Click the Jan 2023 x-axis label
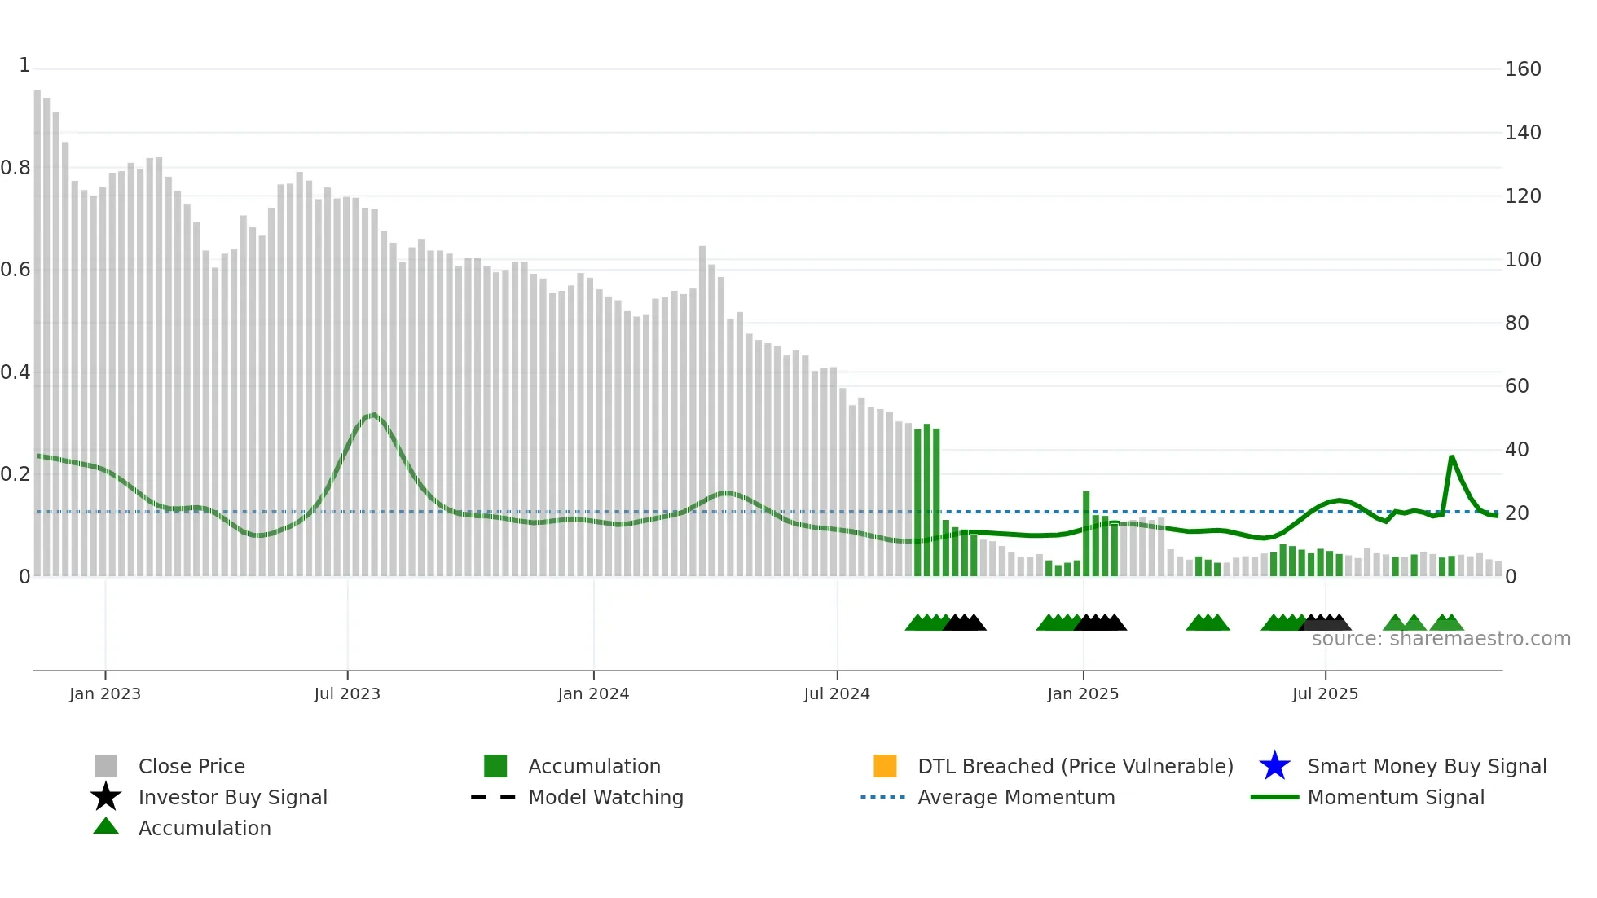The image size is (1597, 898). pyautogui.click(x=105, y=693)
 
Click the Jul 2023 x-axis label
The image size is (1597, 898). pyautogui.click(x=347, y=693)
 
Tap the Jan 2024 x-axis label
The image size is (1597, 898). pyautogui.click(x=593, y=693)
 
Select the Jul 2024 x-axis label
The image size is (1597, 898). pyautogui.click(x=837, y=693)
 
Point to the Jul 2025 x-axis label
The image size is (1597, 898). pyautogui.click(x=1325, y=693)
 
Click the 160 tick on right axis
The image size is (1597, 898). pyautogui.click(x=1523, y=69)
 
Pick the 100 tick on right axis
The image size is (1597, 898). pyautogui.click(x=1523, y=260)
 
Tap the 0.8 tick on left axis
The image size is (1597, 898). pyautogui.click(x=15, y=168)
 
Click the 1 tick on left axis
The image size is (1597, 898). pyautogui.click(x=24, y=65)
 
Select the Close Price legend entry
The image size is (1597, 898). pyautogui.click(x=191, y=766)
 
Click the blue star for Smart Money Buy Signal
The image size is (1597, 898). pyautogui.click(x=1274, y=766)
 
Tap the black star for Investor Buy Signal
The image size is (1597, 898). pyautogui.click(x=106, y=797)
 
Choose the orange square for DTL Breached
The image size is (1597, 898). pyautogui.click(x=885, y=766)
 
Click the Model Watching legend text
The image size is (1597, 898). pyautogui.click(x=605, y=797)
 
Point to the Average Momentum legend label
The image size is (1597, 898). pyautogui.click(x=1016, y=797)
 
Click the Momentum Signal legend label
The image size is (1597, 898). pyautogui.click(x=1396, y=797)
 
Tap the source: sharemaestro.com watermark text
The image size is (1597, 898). pyautogui.click(x=1441, y=639)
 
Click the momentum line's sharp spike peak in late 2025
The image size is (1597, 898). pyautogui.click(x=1452, y=457)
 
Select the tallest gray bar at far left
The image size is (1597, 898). pyautogui.click(x=37, y=326)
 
